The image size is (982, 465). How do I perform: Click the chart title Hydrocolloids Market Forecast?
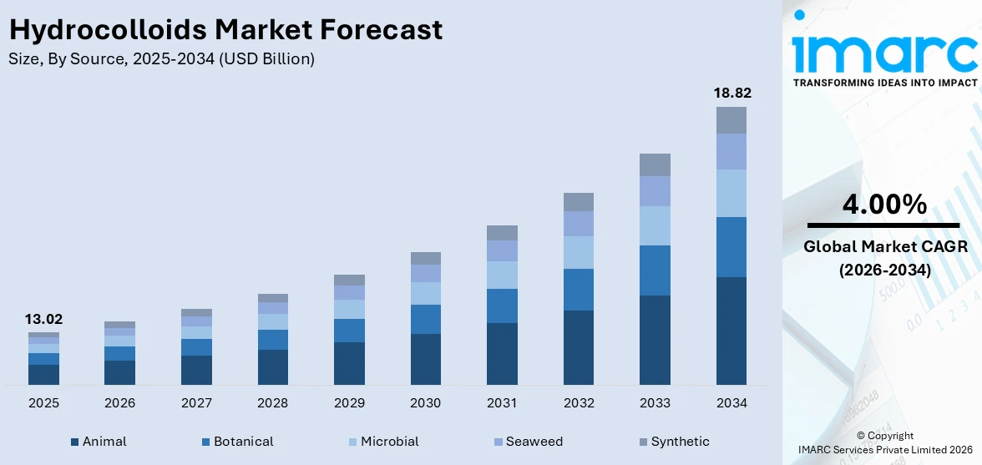click(225, 30)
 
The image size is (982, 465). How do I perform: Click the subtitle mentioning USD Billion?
click(161, 59)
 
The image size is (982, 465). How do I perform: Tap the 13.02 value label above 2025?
click(43, 319)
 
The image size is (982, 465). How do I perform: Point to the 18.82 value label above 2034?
click(731, 93)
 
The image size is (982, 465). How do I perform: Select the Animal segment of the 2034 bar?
click(731, 331)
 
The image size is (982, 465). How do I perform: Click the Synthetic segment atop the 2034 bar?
click(731, 120)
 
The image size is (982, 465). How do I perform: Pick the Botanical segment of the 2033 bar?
click(655, 270)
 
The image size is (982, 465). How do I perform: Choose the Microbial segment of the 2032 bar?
click(578, 252)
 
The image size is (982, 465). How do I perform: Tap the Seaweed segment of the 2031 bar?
click(502, 250)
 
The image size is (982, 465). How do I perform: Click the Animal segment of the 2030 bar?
click(425, 359)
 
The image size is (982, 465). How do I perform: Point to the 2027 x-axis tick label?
click(196, 403)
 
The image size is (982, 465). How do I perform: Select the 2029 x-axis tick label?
click(349, 403)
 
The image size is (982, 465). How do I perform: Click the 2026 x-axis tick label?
click(119, 403)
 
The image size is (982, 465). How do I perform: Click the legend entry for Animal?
click(98, 442)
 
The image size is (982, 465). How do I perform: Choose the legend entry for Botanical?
click(236, 442)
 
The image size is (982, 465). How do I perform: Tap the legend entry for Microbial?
click(382, 442)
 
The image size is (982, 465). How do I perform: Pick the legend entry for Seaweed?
click(527, 442)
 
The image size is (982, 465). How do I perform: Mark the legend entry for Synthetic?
click(672, 442)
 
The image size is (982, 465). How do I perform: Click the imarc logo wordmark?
click(884, 52)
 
